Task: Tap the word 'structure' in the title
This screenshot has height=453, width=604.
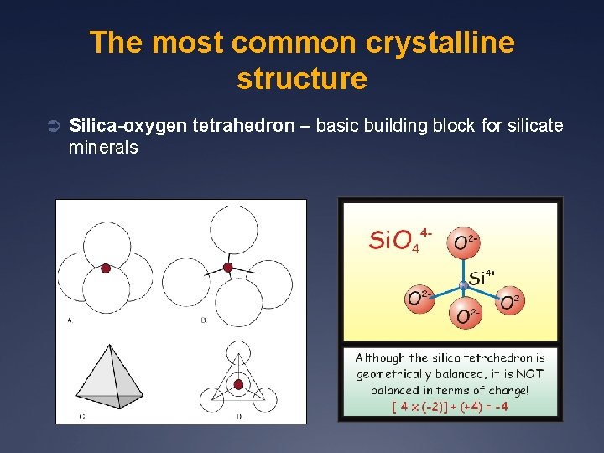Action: pyautogui.click(x=302, y=78)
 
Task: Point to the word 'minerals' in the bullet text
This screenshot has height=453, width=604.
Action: pyautogui.click(x=103, y=148)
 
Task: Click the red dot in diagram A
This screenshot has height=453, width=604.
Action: pyautogui.click(x=106, y=269)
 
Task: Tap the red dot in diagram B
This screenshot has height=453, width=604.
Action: pyautogui.click(x=227, y=268)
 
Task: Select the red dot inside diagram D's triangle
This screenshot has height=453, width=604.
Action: pyautogui.click(x=238, y=384)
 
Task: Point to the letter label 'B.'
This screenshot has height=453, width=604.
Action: pyautogui.click(x=204, y=320)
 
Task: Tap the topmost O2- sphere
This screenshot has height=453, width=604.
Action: pyautogui.click(x=462, y=242)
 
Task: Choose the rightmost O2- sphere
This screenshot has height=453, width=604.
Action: pyautogui.click(x=511, y=301)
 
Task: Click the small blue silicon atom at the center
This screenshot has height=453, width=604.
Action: pyautogui.click(x=463, y=285)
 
